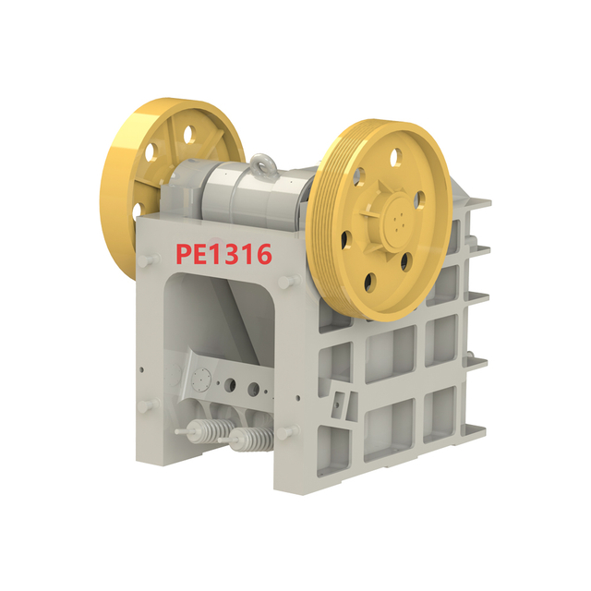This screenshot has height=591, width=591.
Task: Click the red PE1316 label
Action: coord(224,251)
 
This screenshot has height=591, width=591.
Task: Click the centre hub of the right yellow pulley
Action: coord(396,220)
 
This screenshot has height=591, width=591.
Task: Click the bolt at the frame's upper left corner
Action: coord(143,261)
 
